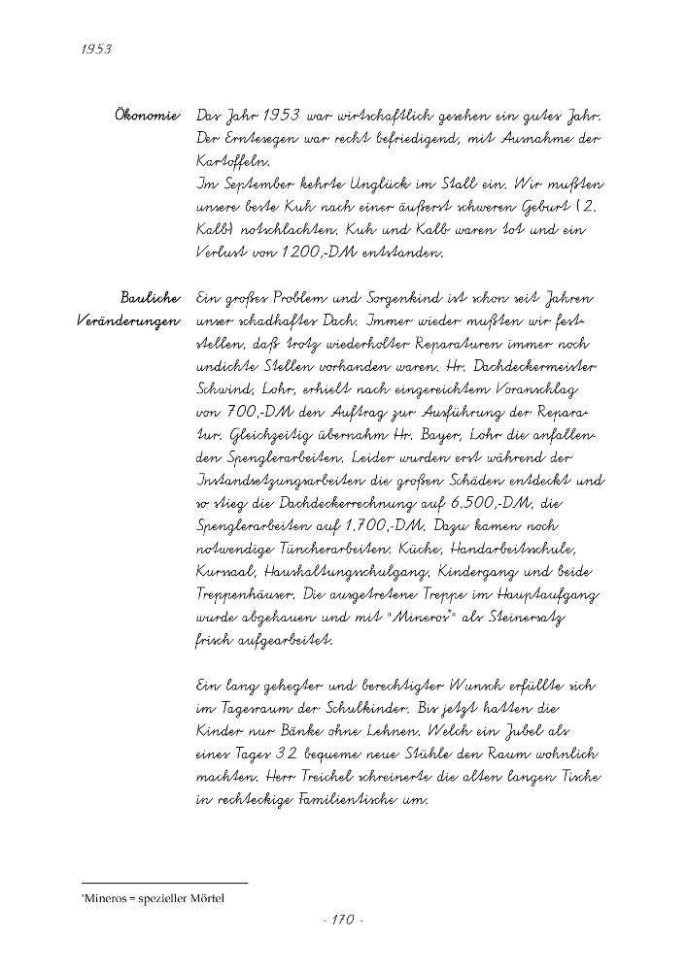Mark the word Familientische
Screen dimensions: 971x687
coord(345,801)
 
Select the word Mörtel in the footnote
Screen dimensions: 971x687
coord(206,900)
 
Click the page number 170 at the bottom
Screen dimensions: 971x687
coord(342,920)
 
